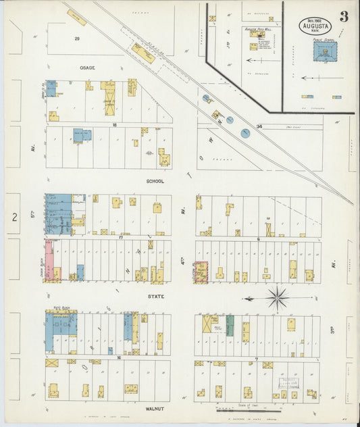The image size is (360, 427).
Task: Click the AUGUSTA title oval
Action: coord(315,26)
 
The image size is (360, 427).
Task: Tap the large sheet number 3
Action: coord(344,16)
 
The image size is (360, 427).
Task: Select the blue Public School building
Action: coord(325,52)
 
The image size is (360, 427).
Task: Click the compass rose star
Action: coord(277,297)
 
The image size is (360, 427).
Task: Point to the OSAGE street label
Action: coord(87,68)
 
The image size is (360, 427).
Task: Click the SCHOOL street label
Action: coord(155,181)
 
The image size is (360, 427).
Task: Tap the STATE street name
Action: coord(155,296)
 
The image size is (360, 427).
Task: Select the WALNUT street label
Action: coord(155,409)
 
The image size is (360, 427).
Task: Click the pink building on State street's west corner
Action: coord(49,259)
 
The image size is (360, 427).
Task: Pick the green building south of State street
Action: coord(230,325)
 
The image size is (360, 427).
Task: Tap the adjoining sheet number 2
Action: coord(14,216)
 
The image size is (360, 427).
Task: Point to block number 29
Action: coord(77,39)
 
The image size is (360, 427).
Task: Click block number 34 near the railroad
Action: coord(259,126)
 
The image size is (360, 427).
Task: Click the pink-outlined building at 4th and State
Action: coord(201,272)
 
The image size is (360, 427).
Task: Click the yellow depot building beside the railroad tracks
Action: coord(143,53)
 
